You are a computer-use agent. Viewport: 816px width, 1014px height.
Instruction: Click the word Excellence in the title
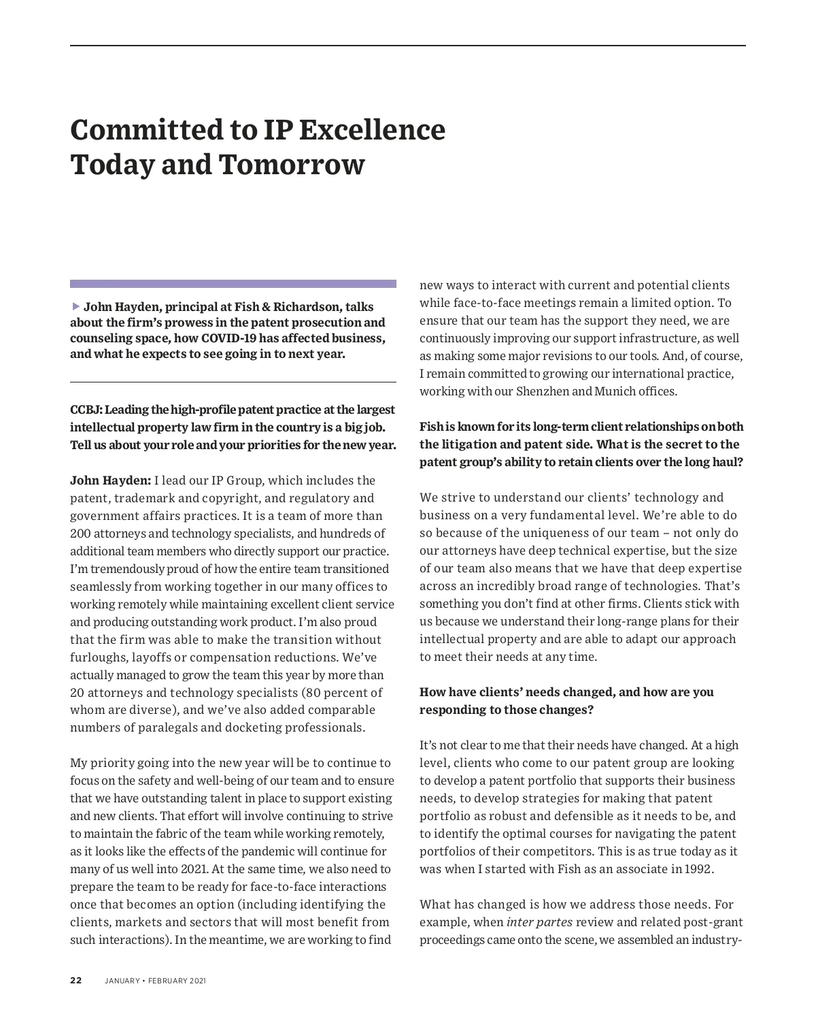[x=371, y=130]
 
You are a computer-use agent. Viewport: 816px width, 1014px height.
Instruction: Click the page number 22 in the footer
[x=75, y=981]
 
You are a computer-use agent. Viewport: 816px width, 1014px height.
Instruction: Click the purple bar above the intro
[x=233, y=284]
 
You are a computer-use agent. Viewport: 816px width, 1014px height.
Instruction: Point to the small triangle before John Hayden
[x=75, y=306]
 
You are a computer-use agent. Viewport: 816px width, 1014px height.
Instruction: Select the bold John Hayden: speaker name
[x=111, y=480]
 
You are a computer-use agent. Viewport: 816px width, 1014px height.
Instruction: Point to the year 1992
[x=699, y=869]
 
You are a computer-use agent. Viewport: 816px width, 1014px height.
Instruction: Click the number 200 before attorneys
[x=80, y=534]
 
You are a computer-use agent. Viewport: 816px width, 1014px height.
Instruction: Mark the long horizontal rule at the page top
[x=408, y=46]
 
